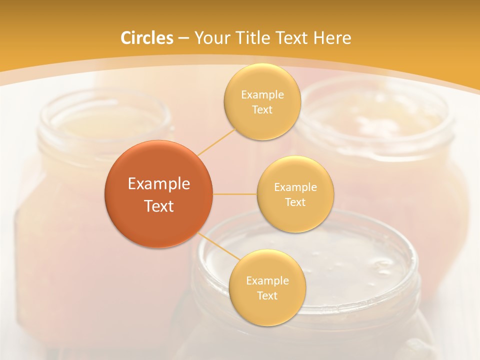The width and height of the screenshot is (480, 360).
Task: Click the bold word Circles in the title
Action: click(147, 38)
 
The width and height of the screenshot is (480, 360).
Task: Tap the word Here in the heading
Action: click(332, 38)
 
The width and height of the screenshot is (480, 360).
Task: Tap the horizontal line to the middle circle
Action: click(235, 194)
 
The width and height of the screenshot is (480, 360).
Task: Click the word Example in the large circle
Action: click(159, 184)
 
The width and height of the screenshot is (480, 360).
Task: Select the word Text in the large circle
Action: click(159, 206)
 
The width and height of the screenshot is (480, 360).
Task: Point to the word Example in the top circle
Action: click(262, 95)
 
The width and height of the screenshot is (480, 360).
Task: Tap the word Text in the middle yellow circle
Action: click(295, 202)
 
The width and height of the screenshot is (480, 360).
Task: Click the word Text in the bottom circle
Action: click(267, 295)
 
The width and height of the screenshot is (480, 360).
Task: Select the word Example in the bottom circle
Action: click(267, 280)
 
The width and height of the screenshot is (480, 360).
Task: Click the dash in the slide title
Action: click(183, 38)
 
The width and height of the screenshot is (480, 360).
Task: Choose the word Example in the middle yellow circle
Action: click(295, 187)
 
